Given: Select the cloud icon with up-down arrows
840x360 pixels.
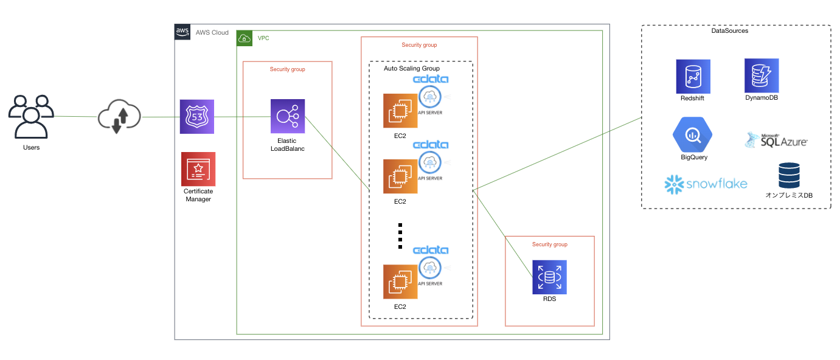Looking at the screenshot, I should coord(119,116).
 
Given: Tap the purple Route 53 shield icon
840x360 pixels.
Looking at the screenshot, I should coord(198,117).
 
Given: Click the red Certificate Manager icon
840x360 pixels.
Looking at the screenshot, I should coord(198,168).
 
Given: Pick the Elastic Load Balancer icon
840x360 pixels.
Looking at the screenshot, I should coord(288,116).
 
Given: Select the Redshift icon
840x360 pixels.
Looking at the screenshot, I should coord(693,76).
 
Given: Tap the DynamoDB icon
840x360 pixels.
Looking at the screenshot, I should coord(761,75).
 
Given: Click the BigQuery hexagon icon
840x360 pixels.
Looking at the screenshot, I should coord(692,135).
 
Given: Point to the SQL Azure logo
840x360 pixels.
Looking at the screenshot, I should coord(776,140).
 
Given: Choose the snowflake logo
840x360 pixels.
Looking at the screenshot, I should coord(706,184).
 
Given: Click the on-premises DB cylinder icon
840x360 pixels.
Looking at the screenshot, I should coord(789,175).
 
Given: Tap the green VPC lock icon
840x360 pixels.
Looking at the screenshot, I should coord(245,38).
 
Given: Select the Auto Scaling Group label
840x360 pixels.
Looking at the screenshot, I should coord(411,69).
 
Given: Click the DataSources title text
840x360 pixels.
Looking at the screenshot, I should coord(729,30).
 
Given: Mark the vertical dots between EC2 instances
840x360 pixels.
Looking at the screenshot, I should coord(400,236).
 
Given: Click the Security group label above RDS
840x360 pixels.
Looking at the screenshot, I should coord(549,244).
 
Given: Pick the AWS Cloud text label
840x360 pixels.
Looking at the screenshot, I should coord(212,33).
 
